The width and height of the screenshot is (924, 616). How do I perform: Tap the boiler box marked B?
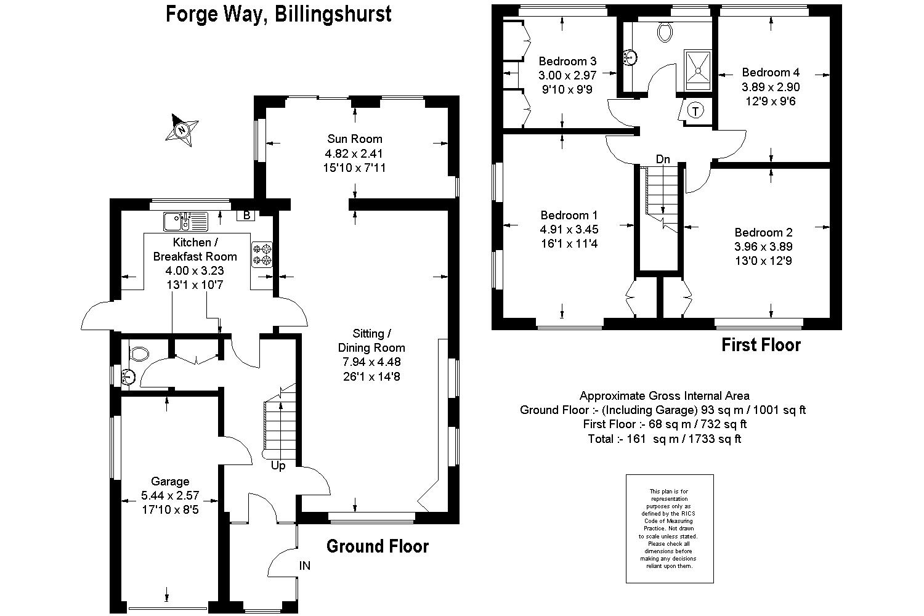(x=246, y=215)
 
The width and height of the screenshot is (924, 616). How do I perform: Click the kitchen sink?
(x=185, y=220)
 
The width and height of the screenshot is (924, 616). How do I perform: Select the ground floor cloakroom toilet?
(x=139, y=354)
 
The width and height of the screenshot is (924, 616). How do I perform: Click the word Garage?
(x=170, y=481)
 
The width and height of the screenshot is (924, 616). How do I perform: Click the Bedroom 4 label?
(x=771, y=72)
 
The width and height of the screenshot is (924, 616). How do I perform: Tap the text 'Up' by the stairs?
(x=278, y=466)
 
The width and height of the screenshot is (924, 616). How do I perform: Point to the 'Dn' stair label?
(x=663, y=160)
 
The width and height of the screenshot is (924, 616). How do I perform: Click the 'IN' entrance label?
(x=305, y=565)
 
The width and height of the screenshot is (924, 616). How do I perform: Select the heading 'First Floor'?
(x=761, y=345)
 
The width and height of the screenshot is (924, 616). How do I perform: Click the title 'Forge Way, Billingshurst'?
(x=278, y=14)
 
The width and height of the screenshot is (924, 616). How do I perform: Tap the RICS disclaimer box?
(x=670, y=529)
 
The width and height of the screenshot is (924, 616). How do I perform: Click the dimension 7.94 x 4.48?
(x=371, y=362)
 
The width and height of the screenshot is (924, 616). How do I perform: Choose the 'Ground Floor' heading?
(x=377, y=546)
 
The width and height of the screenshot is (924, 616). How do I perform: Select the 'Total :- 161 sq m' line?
(x=664, y=439)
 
